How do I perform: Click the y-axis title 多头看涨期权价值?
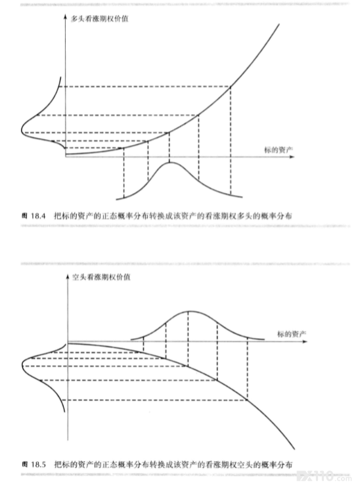coord(99,19)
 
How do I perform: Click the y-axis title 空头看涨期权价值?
coord(101,277)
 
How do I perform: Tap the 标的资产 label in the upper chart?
coord(279,150)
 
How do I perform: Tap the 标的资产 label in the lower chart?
coord(292,334)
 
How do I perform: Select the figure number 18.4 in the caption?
coord(38,216)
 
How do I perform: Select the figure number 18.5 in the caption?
coord(38,465)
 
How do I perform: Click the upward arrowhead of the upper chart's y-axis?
coord(65,16)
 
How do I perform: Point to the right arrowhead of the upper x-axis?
coord(292,157)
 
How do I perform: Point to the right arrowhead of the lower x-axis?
coord(305,342)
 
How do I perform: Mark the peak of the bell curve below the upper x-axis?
coord(169,163)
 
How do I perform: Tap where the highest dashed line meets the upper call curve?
coord(231,87)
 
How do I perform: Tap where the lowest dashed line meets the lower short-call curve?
coord(248,400)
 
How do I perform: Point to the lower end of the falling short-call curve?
coord(294,450)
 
